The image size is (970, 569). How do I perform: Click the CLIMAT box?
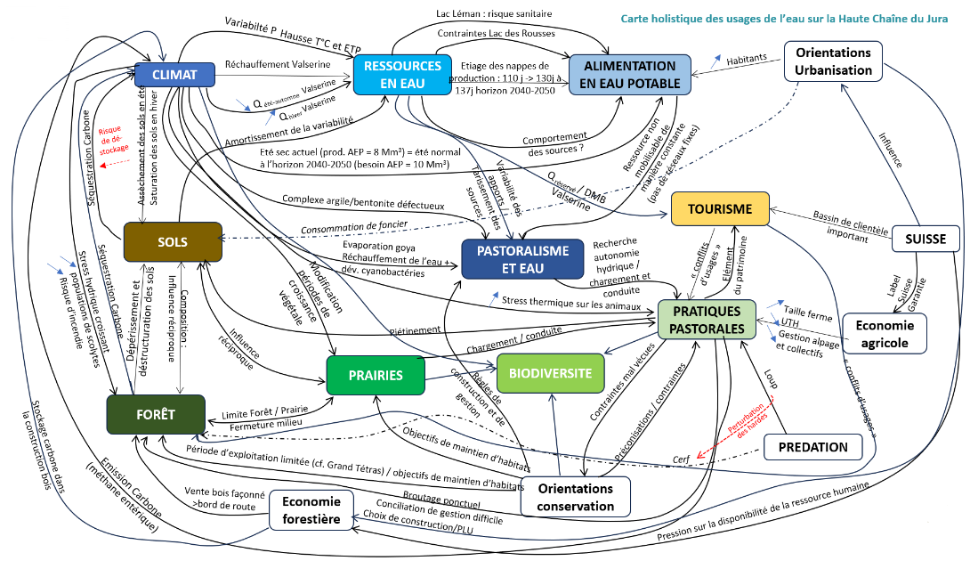[x=174, y=75]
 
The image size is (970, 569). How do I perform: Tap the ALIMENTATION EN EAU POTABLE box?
[x=630, y=75]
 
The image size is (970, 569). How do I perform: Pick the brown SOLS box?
[x=173, y=242]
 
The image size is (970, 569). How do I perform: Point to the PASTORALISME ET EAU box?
[x=522, y=259]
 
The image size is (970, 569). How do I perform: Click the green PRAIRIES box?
[x=377, y=375]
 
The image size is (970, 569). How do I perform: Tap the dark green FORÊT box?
[x=155, y=414]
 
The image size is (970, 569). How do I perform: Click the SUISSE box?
[x=926, y=238]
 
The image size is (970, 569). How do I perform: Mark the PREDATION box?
[x=813, y=446]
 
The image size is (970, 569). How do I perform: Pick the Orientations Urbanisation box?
[x=834, y=61]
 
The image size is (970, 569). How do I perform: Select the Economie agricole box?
[x=885, y=333]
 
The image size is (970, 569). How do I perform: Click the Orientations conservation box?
[x=574, y=497]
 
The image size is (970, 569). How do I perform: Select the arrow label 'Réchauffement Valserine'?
[x=278, y=64]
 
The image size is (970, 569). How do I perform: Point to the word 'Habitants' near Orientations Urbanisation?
[x=747, y=59]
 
